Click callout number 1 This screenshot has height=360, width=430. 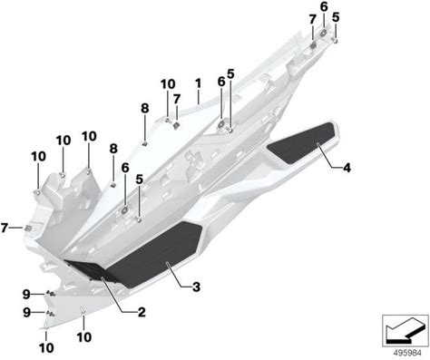click(198, 83)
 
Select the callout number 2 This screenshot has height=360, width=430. click(142, 313)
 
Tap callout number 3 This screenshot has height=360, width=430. click(196, 287)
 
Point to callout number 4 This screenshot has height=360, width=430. click(347, 168)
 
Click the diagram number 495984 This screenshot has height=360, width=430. click(406, 353)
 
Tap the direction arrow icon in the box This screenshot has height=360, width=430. click(405, 330)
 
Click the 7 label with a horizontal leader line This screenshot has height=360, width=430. click(4, 228)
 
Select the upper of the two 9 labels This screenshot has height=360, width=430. click(26, 294)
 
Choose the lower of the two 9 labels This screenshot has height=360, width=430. click(26, 313)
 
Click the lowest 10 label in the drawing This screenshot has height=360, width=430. click(46, 348)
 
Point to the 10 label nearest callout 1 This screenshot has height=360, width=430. click(168, 84)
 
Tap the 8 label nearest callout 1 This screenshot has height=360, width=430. click(145, 108)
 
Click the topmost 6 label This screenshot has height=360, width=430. click(324, 7)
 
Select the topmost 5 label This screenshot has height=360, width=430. click(336, 17)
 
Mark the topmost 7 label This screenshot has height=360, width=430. click(313, 20)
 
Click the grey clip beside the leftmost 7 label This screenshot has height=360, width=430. click(28, 228)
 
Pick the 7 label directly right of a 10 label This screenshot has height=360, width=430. click(177, 99)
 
